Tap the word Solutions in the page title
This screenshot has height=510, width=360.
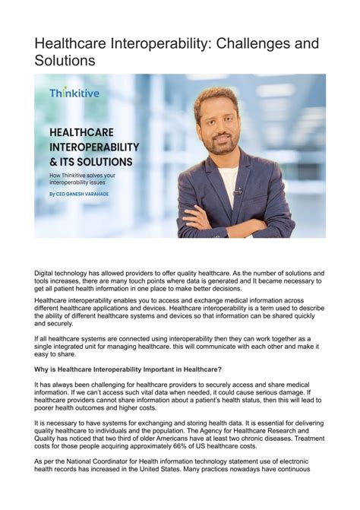pos(65,61)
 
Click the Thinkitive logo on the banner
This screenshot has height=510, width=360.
pos(74,93)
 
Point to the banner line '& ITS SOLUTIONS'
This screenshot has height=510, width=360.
pos(90,162)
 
